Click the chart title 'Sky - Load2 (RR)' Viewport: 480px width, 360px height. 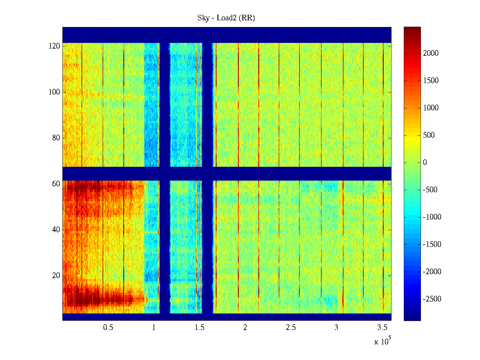(226, 18)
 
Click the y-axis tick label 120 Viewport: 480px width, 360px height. (54, 46)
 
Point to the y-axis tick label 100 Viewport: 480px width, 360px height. (54, 92)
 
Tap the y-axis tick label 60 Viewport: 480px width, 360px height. (56, 184)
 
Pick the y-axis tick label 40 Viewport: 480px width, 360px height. (56, 230)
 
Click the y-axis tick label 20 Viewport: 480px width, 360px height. (56, 276)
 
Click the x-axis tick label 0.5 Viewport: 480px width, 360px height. (108, 328)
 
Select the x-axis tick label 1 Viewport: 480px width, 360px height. (154, 328)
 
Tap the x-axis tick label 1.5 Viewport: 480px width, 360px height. (199, 328)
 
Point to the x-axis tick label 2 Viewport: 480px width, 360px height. (245, 328)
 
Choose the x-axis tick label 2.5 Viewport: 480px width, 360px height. (291, 328)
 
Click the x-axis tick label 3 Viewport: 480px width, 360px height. (336, 328)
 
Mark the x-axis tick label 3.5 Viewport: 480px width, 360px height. (382, 328)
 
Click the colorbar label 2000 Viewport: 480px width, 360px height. (431, 53)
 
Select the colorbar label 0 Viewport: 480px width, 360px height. (425, 163)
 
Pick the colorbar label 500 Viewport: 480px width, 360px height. (429, 135)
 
